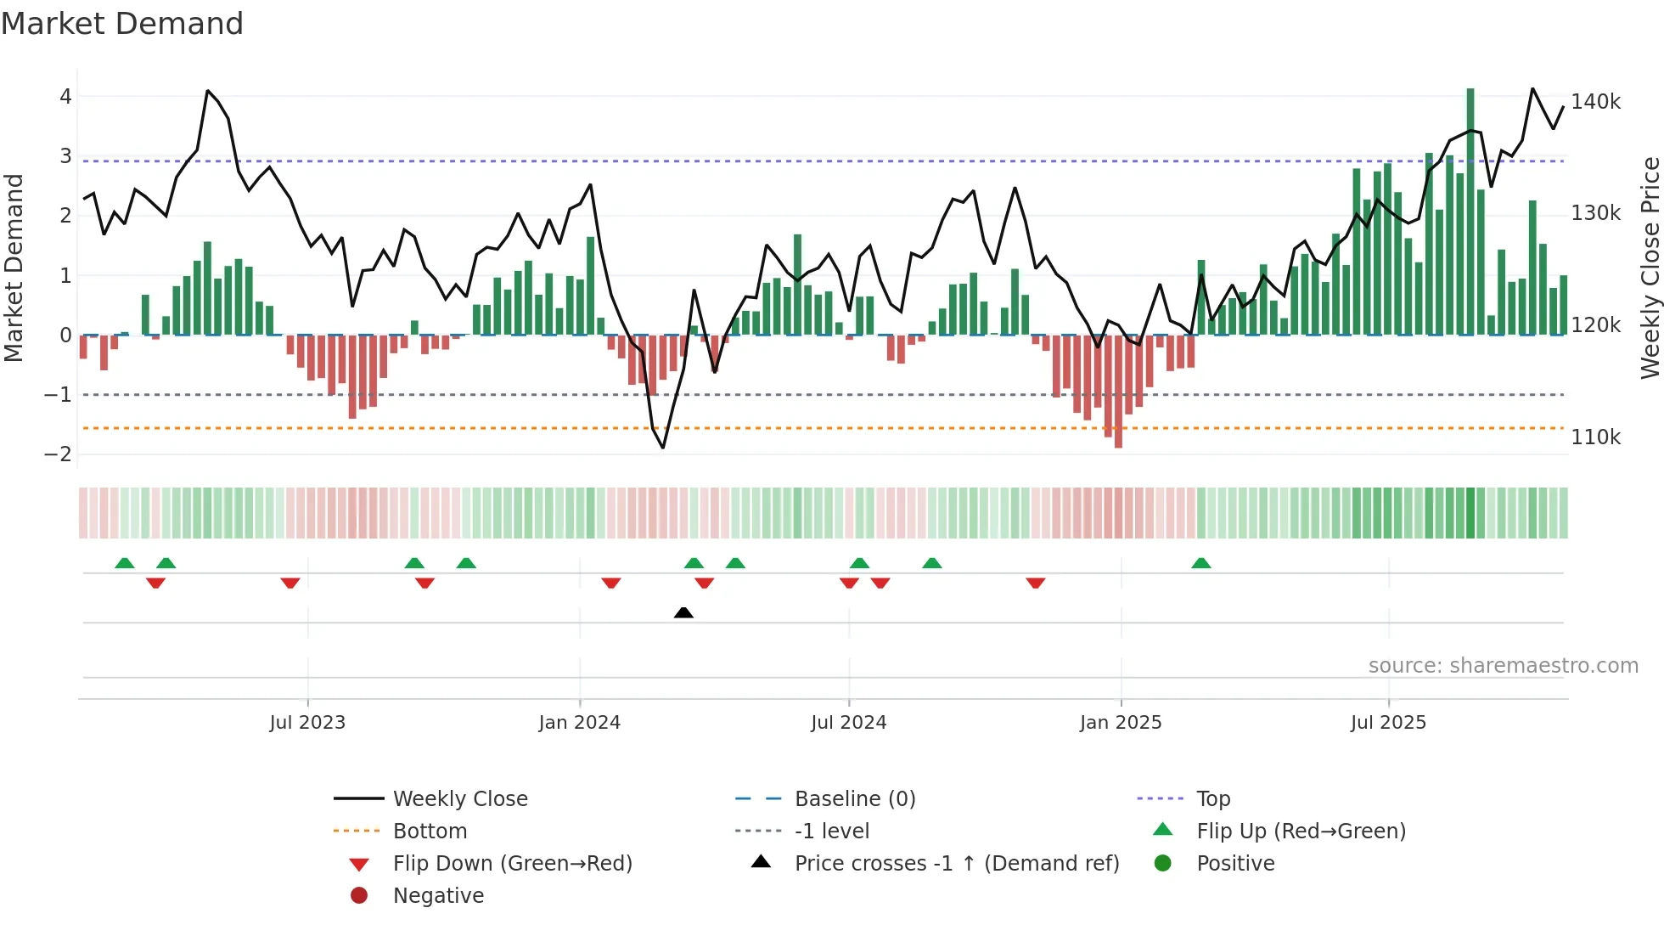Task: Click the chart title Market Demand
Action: [122, 23]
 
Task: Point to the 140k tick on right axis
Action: [1595, 102]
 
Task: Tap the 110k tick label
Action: [1595, 437]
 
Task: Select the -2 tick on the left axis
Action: [58, 454]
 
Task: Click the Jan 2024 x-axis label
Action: [579, 723]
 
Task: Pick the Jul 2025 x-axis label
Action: [1388, 723]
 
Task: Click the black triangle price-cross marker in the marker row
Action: [683, 612]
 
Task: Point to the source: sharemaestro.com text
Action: [1503, 666]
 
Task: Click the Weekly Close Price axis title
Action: [1650, 268]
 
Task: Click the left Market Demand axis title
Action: [14, 268]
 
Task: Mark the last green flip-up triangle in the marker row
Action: [1200, 563]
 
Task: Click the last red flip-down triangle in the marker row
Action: [1035, 583]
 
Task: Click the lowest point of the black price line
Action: [663, 448]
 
